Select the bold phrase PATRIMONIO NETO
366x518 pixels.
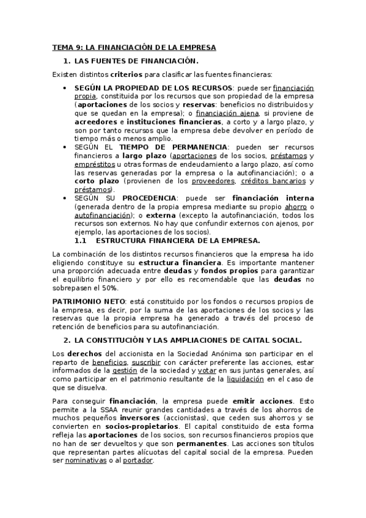(88, 302)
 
